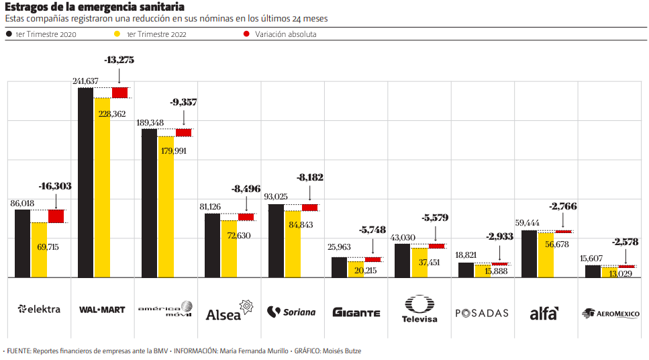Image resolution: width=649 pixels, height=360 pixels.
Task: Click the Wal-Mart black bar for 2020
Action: (86, 182)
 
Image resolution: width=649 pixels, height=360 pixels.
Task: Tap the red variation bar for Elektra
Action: (56, 216)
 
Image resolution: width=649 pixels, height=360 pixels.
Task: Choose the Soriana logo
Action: (291, 312)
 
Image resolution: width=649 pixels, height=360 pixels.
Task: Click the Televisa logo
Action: (419, 309)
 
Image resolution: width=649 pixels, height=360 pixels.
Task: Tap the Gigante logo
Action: (356, 312)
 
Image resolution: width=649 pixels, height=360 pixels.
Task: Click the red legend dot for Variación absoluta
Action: (247, 34)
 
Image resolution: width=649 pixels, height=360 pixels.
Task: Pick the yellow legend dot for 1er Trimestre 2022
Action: (117, 34)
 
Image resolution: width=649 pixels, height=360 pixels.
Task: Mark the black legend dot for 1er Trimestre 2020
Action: (8, 34)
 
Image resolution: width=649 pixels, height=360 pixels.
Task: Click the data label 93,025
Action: (281, 197)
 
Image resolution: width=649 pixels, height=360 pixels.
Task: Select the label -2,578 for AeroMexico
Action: (625, 242)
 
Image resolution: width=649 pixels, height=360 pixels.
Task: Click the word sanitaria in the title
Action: (156, 7)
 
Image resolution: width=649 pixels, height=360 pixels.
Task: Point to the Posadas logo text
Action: (482, 313)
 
